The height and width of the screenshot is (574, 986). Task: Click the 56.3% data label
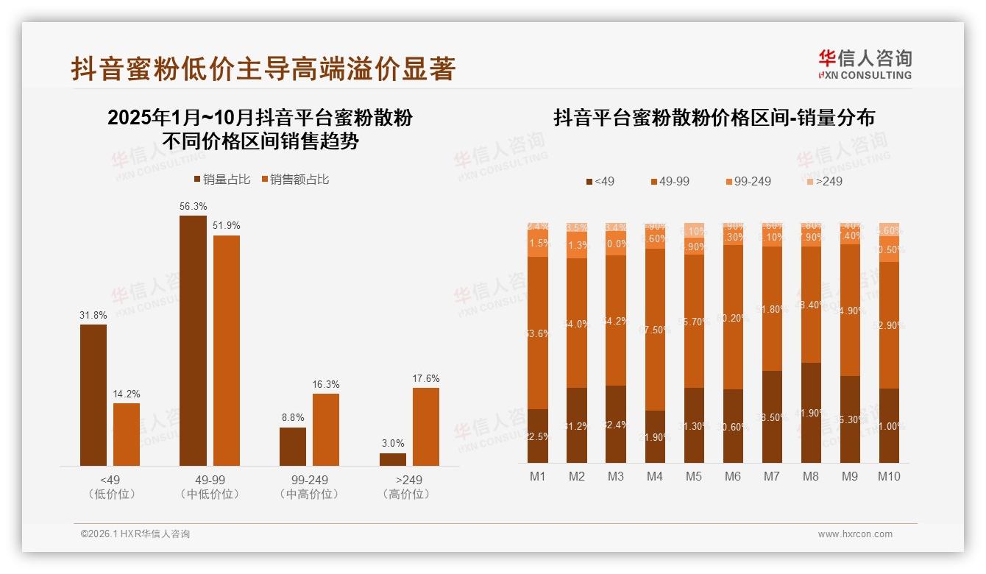(x=193, y=207)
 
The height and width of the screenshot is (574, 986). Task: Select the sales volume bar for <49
(x=93, y=394)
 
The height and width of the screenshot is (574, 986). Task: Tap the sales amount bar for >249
(x=426, y=426)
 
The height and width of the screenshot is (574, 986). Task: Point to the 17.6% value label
(x=426, y=379)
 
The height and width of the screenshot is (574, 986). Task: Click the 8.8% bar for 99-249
(x=293, y=446)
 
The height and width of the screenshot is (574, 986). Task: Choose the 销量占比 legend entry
(x=222, y=180)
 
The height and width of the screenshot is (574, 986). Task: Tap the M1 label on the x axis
(x=538, y=477)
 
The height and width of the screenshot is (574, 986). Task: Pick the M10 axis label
(x=889, y=477)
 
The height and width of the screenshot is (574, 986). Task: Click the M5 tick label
(x=693, y=477)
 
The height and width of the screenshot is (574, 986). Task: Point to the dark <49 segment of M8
(x=810, y=412)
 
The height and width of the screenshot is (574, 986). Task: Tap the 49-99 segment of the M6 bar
(x=732, y=317)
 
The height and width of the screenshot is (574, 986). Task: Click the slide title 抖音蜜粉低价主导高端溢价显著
(x=263, y=69)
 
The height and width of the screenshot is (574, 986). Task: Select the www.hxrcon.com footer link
(x=855, y=534)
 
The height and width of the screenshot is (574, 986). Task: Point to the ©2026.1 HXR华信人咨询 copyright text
(x=135, y=534)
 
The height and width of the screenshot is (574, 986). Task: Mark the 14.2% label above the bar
(x=127, y=394)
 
